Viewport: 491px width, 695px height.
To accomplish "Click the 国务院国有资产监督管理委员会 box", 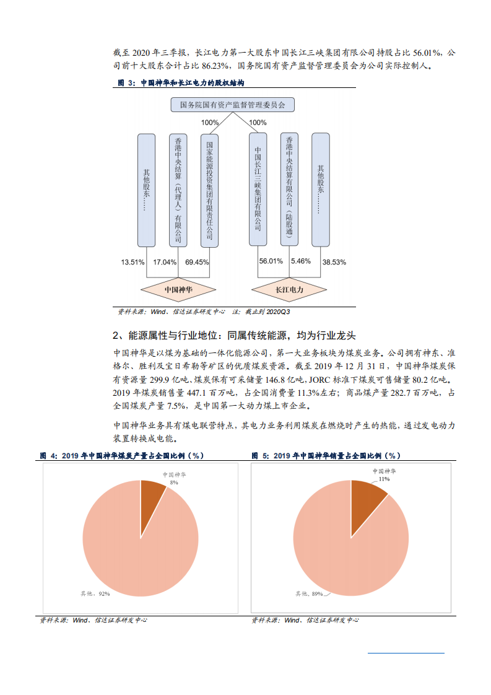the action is coord(232,105).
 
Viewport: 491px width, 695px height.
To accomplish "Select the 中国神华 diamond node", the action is coord(178,289).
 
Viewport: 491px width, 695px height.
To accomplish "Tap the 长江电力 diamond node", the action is coord(289,289).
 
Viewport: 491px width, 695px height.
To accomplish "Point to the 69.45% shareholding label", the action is coord(198,262).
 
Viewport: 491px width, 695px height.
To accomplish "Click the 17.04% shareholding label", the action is coord(165,262).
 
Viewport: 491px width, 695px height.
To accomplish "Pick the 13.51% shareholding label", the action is coord(133,262).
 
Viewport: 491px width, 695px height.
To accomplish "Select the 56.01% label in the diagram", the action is coord(271,261).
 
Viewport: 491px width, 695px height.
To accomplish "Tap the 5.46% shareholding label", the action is coord(300,261).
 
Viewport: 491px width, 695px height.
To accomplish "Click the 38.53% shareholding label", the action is coord(334,262).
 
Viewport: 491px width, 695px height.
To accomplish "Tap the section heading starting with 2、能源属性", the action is coord(234,336).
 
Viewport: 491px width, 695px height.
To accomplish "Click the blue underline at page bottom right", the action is coord(406,652).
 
